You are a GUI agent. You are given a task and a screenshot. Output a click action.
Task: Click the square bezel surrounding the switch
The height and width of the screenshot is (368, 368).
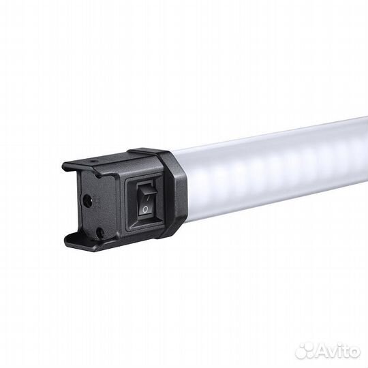click(127, 204)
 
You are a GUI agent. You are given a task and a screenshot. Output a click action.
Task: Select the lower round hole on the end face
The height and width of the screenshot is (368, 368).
click(99, 232)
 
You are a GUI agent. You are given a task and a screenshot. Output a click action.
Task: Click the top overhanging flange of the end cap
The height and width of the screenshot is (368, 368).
click(102, 164)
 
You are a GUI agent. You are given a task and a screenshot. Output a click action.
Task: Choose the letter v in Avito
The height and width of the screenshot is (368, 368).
click(331, 351)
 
